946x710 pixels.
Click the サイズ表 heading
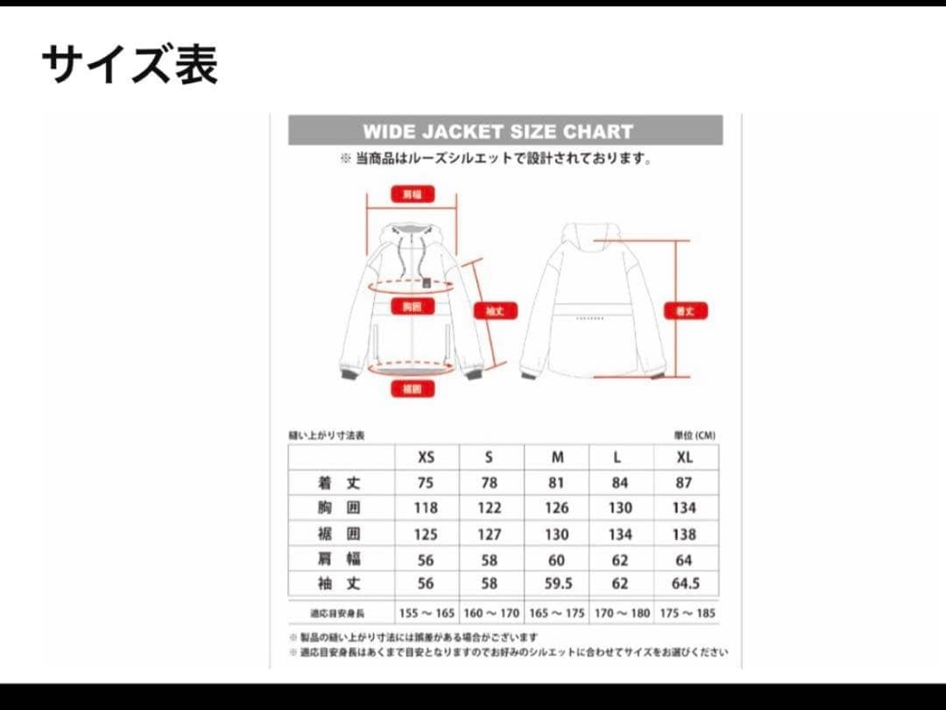[x=130, y=65]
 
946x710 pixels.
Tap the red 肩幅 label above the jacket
[x=412, y=195]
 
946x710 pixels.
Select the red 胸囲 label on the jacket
[x=412, y=307]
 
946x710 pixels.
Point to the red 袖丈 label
[x=495, y=310]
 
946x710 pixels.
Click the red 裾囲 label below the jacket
[x=412, y=388]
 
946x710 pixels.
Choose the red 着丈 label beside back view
[x=685, y=310]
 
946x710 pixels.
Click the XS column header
[x=426, y=458]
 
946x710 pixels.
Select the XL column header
[x=684, y=458]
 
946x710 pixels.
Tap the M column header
[x=557, y=458]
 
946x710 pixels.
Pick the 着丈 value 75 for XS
[x=426, y=483]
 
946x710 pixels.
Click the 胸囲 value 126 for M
[x=557, y=508]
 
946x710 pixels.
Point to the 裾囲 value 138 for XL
[x=684, y=534]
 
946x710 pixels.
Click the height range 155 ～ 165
[x=426, y=613]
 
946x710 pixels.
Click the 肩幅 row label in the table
[x=339, y=559]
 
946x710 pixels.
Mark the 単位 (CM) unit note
[x=695, y=435]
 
